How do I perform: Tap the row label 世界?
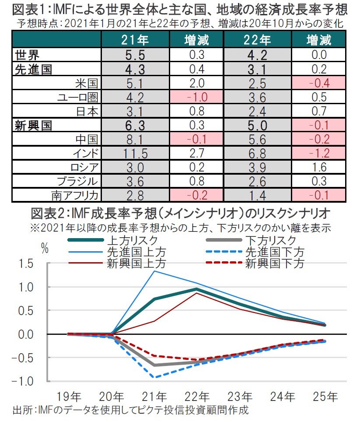coord(28,55)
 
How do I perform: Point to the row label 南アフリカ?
coord(74,195)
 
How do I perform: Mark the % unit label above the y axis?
coord(45,248)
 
